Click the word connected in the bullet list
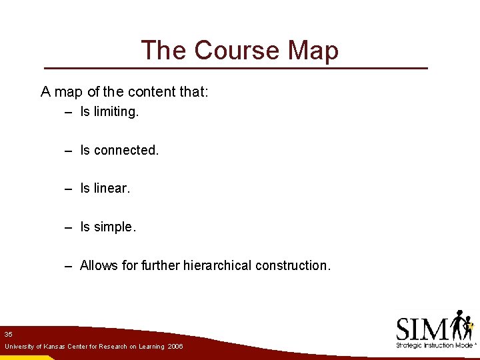pyautogui.click(x=127, y=151)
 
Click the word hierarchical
pyautogui.click(x=215, y=265)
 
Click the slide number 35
pyautogui.click(x=8, y=333)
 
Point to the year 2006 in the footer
pyautogui.click(x=175, y=347)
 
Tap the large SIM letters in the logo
pyautogui.click(x=421, y=329)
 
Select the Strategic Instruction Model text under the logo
pyautogui.click(x=435, y=345)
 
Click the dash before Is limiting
pyautogui.click(x=68, y=113)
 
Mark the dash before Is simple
pyautogui.click(x=68, y=228)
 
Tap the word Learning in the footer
pyautogui.click(x=151, y=347)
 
